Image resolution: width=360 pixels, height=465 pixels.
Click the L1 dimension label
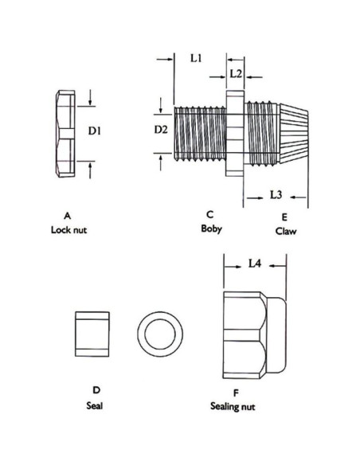pyautogui.click(x=196, y=58)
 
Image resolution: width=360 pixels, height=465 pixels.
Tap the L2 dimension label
pyautogui.click(x=236, y=73)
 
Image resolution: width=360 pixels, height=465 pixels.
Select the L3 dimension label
pyautogui.click(x=276, y=195)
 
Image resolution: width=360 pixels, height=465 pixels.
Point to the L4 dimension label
pyautogui.click(x=255, y=263)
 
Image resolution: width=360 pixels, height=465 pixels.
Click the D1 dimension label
pyautogui.click(x=95, y=131)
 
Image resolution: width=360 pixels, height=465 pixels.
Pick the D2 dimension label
pyautogui.click(x=161, y=130)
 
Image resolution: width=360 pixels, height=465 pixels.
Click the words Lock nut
pyautogui.click(x=68, y=230)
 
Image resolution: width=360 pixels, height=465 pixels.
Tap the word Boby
pyautogui.click(x=211, y=229)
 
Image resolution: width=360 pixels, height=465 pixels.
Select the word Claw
pyautogui.click(x=286, y=231)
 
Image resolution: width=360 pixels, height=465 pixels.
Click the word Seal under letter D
pyautogui.click(x=95, y=405)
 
